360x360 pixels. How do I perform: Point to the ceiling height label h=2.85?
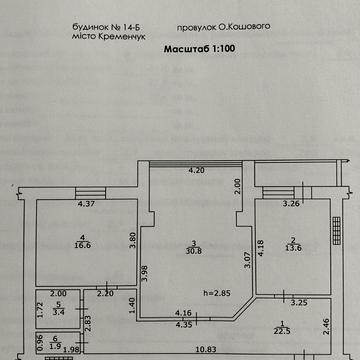click(215, 292)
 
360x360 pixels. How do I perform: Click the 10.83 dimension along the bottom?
click(179, 348)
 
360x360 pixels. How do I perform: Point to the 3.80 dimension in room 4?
click(132, 240)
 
